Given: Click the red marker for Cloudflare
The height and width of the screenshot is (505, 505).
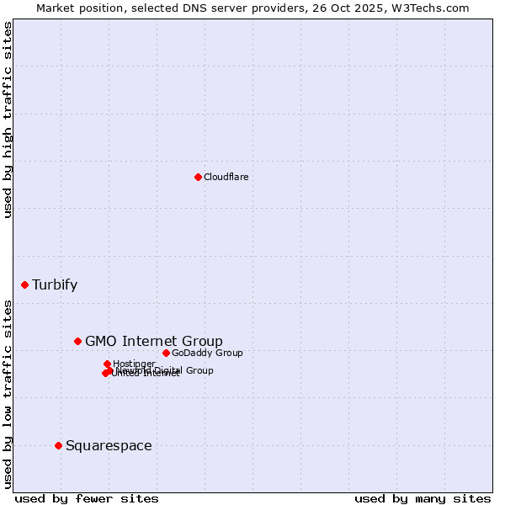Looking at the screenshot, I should click(x=198, y=177).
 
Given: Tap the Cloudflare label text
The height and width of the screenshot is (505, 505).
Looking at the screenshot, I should click(x=226, y=177).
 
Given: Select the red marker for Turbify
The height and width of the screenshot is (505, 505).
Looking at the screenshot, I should click(x=24, y=284).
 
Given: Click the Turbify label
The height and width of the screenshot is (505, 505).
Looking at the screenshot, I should click(x=55, y=284).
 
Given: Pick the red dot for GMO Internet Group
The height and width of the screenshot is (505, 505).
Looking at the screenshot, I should click(x=77, y=341).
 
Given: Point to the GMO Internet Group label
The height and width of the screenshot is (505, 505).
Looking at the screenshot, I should click(x=154, y=341).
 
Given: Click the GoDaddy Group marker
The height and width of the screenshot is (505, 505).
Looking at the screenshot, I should click(x=166, y=353).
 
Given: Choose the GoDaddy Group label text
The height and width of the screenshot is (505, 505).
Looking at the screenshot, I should click(x=207, y=353).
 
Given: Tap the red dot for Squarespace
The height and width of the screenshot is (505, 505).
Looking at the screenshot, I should click(x=58, y=445).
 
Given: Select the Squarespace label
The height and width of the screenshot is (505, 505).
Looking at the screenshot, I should click(x=109, y=445).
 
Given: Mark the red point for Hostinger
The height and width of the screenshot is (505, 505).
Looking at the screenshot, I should click(x=107, y=364).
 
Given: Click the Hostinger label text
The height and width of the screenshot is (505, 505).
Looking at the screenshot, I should click(x=134, y=364).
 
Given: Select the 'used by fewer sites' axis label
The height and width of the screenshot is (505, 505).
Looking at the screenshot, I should click(x=87, y=498).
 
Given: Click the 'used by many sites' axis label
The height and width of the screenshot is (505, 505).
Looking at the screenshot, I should click(x=423, y=498).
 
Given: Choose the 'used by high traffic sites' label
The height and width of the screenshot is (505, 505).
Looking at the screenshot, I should click(x=8, y=120).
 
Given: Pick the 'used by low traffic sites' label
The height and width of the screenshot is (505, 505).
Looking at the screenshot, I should click(x=8, y=393).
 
